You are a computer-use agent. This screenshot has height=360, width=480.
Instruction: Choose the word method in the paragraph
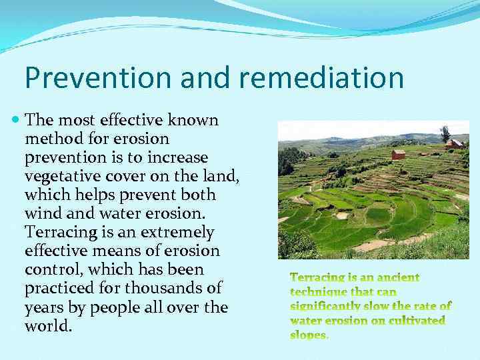click(x=51, y=139)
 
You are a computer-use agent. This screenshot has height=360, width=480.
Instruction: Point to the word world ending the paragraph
click(x=48, y=327)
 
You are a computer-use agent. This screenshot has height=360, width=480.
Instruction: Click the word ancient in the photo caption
click(x=396, y=277)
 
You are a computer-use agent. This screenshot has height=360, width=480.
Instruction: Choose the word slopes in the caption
click(x=309, y=335)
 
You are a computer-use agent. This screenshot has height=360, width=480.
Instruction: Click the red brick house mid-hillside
click(x=398, y=155)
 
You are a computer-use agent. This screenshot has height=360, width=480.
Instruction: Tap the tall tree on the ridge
click(x=445, y=133)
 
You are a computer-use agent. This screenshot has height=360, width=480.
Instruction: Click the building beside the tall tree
click(x=455, y=143)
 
